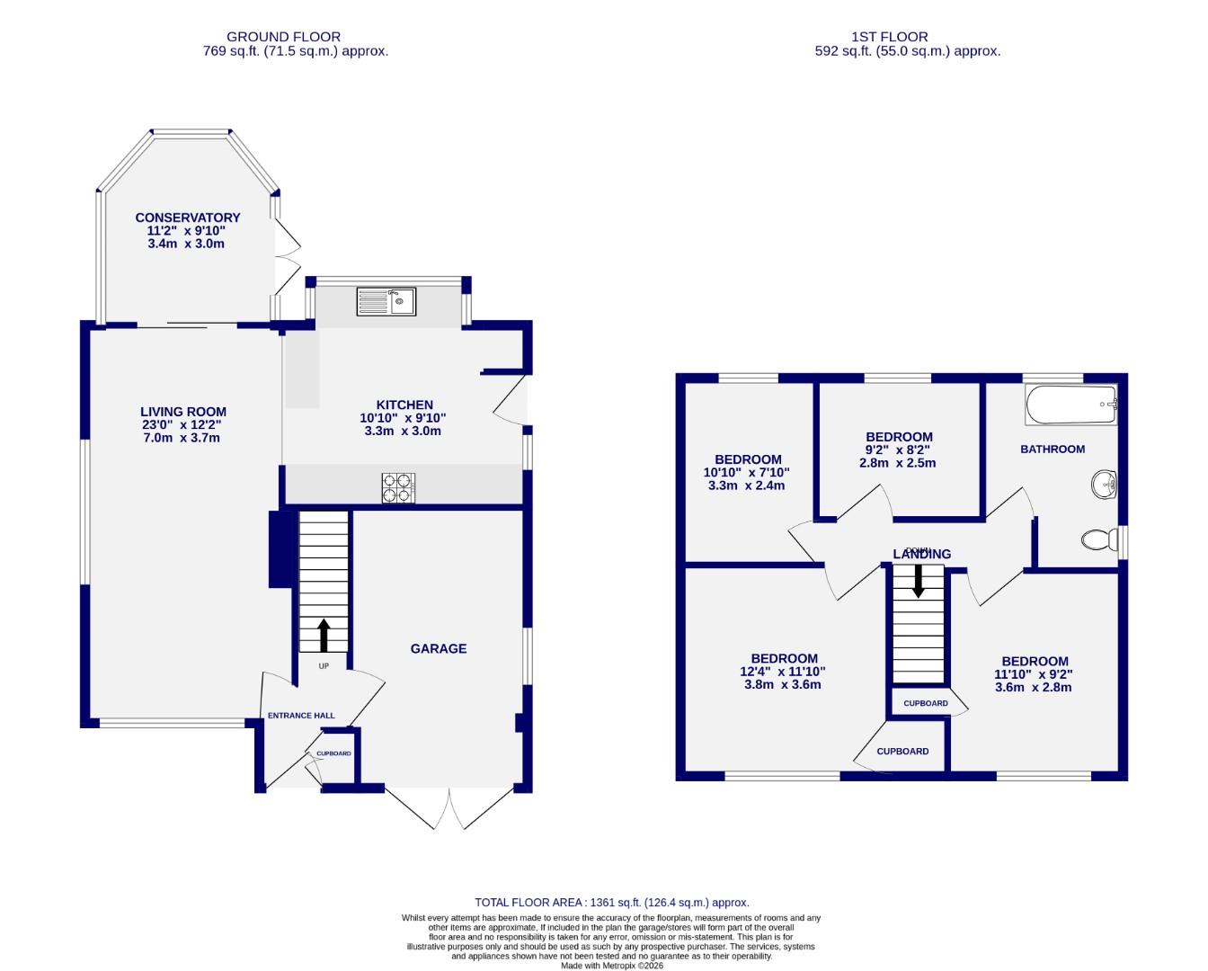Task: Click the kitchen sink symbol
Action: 386,301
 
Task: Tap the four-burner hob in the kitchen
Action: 398,487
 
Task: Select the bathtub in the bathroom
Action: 1070,405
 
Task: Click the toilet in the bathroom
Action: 1097,539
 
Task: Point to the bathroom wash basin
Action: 1104,485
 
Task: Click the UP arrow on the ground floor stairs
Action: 323,634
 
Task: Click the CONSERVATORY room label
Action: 188,218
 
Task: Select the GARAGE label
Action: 439,648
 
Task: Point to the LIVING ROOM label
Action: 182,412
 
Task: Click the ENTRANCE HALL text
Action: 301,716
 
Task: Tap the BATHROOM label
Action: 1052,449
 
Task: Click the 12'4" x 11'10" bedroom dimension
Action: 783,672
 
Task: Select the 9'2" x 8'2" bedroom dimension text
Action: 893,450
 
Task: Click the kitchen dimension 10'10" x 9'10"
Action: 403,418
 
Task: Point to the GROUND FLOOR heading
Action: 283,37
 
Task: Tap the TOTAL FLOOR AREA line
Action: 611,902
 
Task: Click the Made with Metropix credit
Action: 611,966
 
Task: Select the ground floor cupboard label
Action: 333,753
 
